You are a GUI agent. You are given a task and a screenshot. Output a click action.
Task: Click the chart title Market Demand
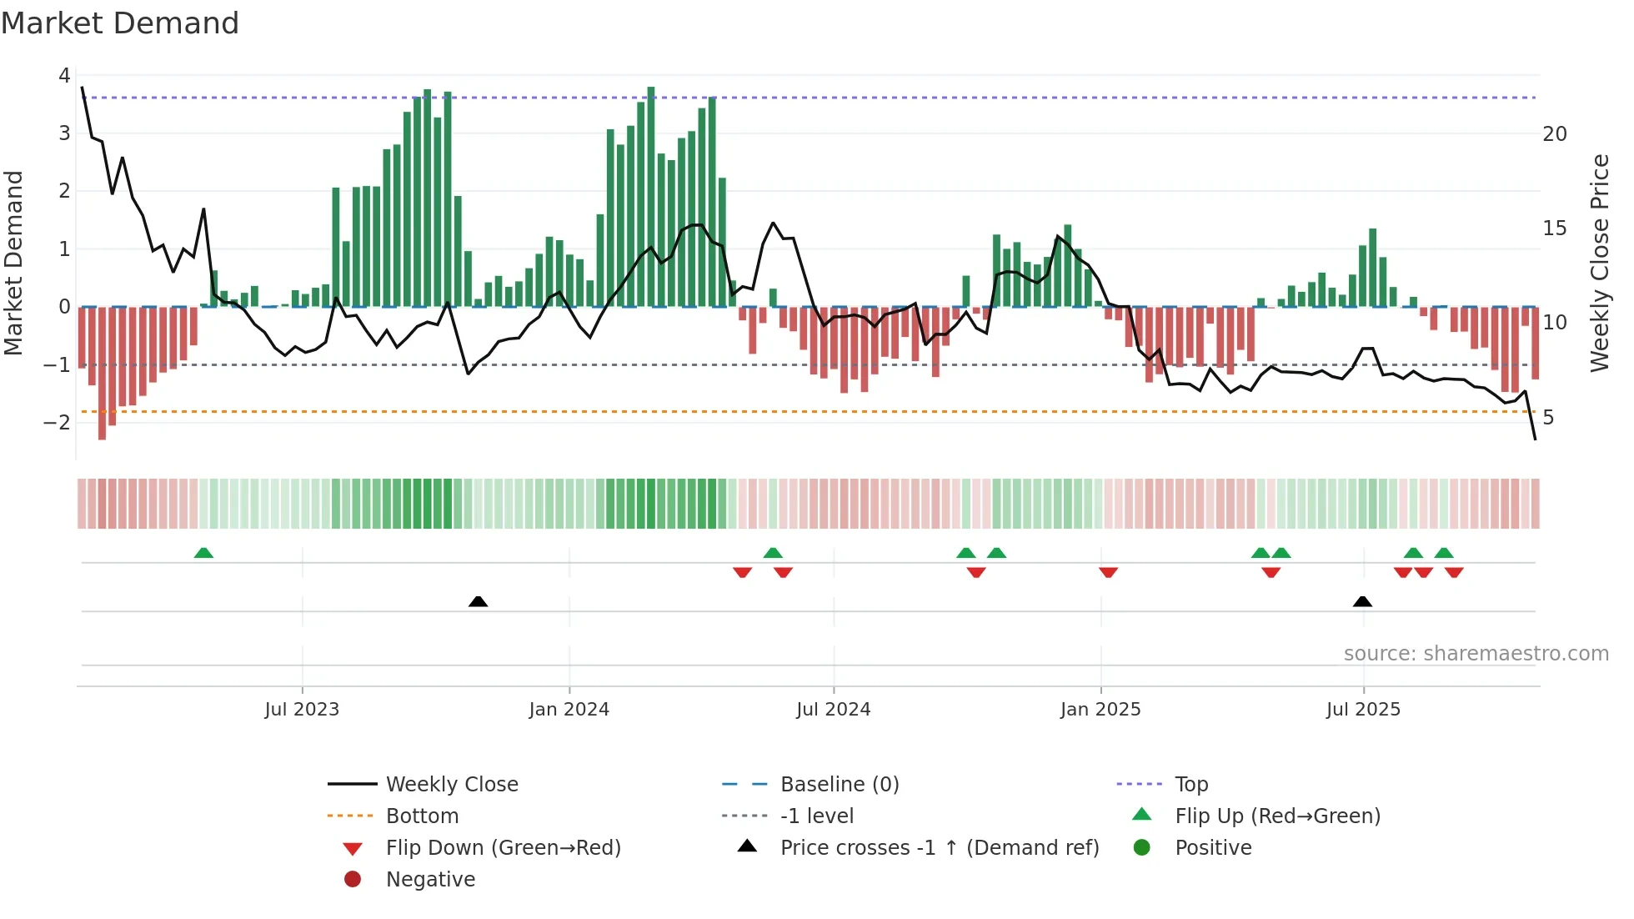(x=120, y=23)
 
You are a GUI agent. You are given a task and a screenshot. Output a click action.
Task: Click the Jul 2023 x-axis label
(x=302, y=710)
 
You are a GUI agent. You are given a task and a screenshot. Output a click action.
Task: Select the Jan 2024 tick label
(x=569, y=710)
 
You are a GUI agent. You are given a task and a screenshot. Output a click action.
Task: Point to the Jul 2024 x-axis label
(x=833, y=710)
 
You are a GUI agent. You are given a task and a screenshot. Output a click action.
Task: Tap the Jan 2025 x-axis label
(x=1100, y=710)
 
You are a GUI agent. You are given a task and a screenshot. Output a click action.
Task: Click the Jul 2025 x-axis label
(x=1363, y=710)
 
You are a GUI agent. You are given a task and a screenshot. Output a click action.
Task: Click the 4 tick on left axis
(x=64, y=76)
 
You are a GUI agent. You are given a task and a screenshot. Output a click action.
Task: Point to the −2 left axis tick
(x=58, y=422)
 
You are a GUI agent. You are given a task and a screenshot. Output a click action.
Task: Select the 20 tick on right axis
(x=1555, y=134)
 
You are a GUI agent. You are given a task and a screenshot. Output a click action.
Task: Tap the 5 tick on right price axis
(x=1548, y=418)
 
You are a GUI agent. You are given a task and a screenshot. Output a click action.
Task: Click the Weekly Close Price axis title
(x=1599, y=263)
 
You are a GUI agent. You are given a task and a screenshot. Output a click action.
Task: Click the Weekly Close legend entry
(x=451, y=785)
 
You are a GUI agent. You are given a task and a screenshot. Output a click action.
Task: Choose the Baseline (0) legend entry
(x=839, y=785)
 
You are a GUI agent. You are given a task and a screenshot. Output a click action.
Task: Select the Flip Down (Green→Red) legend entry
(x=503, y=848)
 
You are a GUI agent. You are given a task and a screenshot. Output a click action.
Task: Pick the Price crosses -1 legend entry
(x=939, y=848)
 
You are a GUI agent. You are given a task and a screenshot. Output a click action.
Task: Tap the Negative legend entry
(x=430, y=880)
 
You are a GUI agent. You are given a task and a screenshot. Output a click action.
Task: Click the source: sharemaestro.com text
(x=1476, y=654)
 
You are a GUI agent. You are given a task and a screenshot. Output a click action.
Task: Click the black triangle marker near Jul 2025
(x=1362, y=601)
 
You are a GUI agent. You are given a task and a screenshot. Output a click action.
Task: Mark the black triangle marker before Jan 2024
(x=478, y=601)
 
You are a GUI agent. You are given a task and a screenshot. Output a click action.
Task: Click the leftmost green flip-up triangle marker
(x=203, y=553)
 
